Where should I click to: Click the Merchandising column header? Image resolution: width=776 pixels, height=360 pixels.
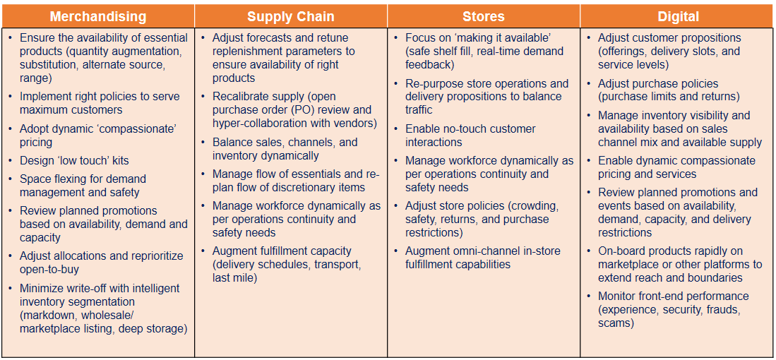click(x=98, y=16)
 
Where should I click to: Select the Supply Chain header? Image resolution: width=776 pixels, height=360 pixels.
click(x=291, y=16)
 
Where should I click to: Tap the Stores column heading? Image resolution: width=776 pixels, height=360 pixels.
click(x=484, y=16)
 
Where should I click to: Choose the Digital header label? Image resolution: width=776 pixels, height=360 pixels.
click(x=678, y=16)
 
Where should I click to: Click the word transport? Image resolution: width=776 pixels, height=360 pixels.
click(x=337, y=265)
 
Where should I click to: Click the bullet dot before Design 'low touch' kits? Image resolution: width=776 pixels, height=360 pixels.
click(x=11, y=161)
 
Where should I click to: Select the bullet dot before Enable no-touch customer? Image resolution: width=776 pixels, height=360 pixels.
click(x=397, y=129)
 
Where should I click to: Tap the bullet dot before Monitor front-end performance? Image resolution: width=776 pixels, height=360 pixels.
click(x=589, y=296)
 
